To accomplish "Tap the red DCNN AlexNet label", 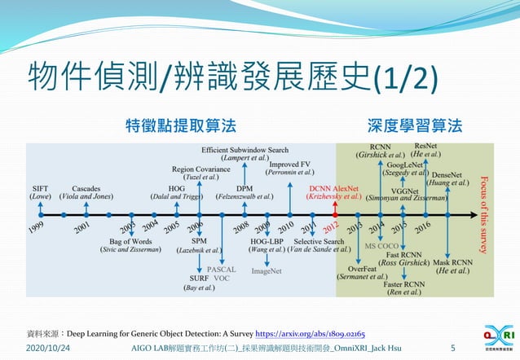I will coord(334,188).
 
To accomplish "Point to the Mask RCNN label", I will coord(453,262).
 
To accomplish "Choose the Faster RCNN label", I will coord(404,284).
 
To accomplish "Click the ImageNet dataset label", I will coord(266,270).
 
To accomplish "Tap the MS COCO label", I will coord(381,245).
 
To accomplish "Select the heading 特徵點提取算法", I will coord(181,125).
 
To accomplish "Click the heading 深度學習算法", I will coord(415,125).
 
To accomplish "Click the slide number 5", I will coord(452,348).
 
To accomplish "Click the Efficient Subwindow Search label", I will coord(245,150).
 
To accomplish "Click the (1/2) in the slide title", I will coord(405,79).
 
